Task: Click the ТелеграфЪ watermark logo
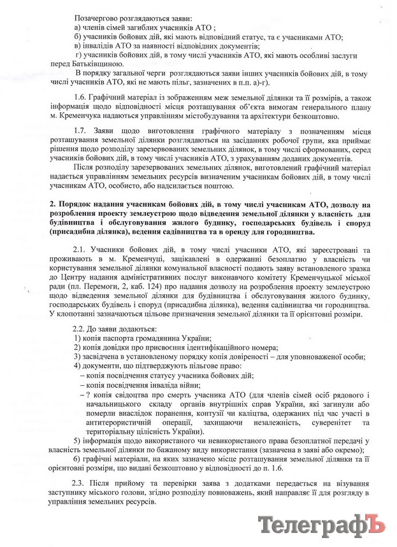pos(322,526)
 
